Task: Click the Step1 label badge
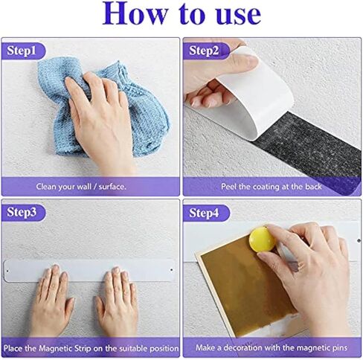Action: coord(24,51)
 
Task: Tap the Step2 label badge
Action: coord(205,51)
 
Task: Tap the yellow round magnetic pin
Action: coord(262,239)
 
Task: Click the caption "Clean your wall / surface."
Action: coord(91,186)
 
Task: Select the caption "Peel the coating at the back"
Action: coord(272,186)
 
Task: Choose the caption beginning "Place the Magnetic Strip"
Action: coord(91,347)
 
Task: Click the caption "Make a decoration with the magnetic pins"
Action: coord(272,347)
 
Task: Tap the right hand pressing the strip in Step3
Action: coord(118,301)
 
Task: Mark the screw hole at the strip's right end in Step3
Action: coord(171,263)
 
